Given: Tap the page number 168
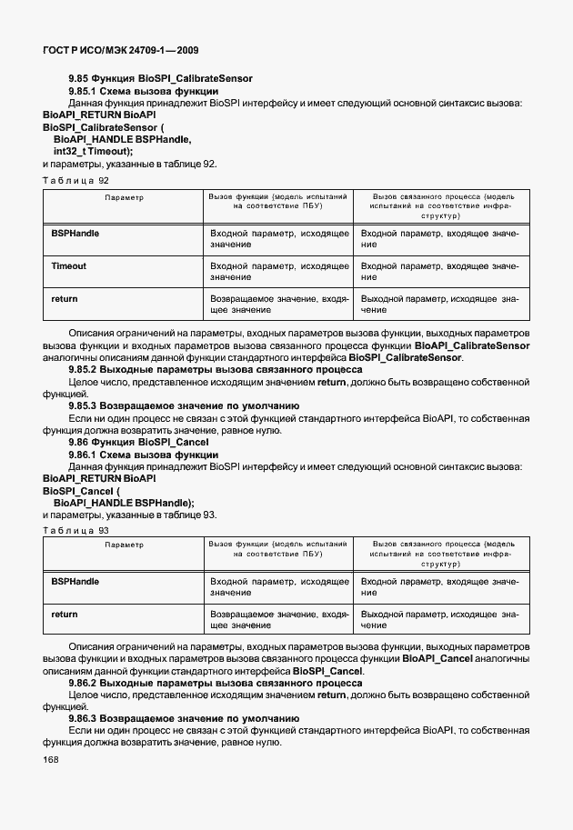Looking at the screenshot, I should coord(51,760).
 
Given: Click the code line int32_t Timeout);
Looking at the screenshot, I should coord(93,151).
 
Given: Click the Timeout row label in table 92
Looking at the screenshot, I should coord(69,266).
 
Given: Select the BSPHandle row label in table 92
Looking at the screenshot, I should coord(75,234).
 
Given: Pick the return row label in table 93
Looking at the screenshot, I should coord(65,615).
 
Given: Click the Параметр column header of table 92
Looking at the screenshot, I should coord(124,196).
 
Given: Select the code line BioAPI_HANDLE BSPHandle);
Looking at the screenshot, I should coord(124,502).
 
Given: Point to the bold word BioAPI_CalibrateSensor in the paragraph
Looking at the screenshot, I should coord(471,346).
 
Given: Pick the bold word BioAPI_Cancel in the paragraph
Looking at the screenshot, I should coord(437,658).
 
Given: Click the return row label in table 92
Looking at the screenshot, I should coord(65,298).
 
